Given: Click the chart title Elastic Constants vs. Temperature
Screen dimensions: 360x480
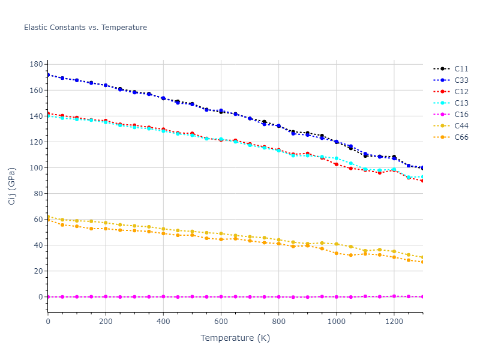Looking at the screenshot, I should (x=85, y=28).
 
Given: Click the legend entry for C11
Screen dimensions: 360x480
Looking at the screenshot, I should (x=461, y=69).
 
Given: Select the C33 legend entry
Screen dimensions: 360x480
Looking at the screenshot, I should (x=461, y=80).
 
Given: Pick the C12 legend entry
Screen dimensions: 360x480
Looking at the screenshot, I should (x=461, y=92).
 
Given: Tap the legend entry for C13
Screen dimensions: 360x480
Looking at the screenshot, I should (x=461, y=103).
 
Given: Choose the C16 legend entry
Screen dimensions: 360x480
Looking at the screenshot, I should (x=461, y=115).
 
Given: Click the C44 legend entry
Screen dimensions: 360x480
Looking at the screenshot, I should (x=461, y=126).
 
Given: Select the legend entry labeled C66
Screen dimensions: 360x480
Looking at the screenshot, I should (x=461, y=137).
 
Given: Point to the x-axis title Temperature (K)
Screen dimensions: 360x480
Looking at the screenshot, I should (x=235, y=338).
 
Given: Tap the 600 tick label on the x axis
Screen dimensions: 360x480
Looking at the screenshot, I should (x=221, y=322).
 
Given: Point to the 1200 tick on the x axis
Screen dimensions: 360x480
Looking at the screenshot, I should (x=394, y=322).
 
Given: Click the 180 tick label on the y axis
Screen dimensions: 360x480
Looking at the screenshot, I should (x=35, y=64).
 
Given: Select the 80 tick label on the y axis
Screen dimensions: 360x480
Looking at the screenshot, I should (x=37, y=194).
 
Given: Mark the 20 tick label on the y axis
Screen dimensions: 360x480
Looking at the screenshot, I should (x=37, y=271).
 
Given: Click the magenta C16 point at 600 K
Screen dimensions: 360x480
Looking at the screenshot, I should (x=221, y=297).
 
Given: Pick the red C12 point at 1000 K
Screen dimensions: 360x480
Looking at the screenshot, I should (x=336, y=164).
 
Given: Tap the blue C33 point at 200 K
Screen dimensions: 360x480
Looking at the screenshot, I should (x=106, y=85).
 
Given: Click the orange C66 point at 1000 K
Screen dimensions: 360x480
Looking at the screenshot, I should (x=336, y=253).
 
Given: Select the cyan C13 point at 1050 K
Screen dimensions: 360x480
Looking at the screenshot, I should (x=350, y=163).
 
